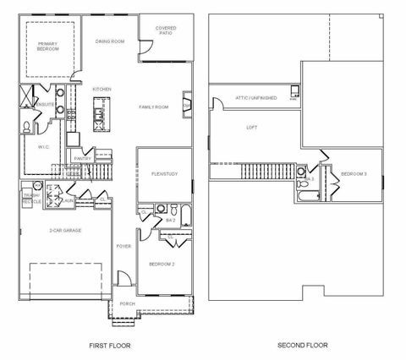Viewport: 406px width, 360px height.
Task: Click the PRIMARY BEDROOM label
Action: (x=48, y=46)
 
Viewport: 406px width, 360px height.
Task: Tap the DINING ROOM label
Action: (x=110, y=41)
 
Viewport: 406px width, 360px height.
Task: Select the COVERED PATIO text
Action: (x=166, y=31)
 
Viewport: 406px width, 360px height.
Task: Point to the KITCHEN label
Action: (x=102, y=89)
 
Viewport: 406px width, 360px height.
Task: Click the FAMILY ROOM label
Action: (x=154, y=107)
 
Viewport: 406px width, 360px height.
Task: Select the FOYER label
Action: (x=123, y=246)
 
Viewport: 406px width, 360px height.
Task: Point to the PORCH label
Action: (x=127, y=303)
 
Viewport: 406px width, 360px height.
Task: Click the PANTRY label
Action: (x=83, y=158)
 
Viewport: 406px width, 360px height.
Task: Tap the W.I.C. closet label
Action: (x=44, y=146)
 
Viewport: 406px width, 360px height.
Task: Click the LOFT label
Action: (x=251, y=128)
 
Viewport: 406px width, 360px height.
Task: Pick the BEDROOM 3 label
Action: (x=353, y=174)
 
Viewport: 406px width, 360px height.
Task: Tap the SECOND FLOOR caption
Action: (x=303, y=345)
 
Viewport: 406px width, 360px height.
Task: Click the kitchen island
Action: (x=101, y=111)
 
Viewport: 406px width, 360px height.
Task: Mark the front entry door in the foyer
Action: (x=124, y=278)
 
